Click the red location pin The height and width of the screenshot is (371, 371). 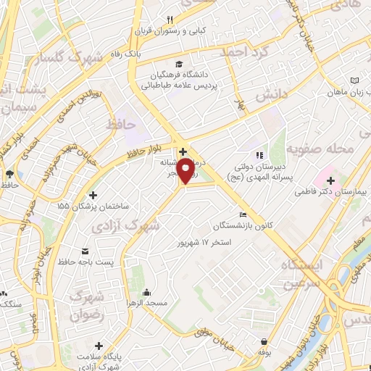coord(185,172)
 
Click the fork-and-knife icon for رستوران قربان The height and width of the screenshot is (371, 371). coord(170,20)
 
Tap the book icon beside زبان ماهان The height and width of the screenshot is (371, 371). coord(353,80)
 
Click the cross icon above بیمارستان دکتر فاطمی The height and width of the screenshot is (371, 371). coord(330,180)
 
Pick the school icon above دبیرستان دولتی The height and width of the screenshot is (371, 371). coord(257,155)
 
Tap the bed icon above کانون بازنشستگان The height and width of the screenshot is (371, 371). coord(243,215)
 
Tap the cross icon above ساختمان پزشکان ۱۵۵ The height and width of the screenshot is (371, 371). coord(92,195)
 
